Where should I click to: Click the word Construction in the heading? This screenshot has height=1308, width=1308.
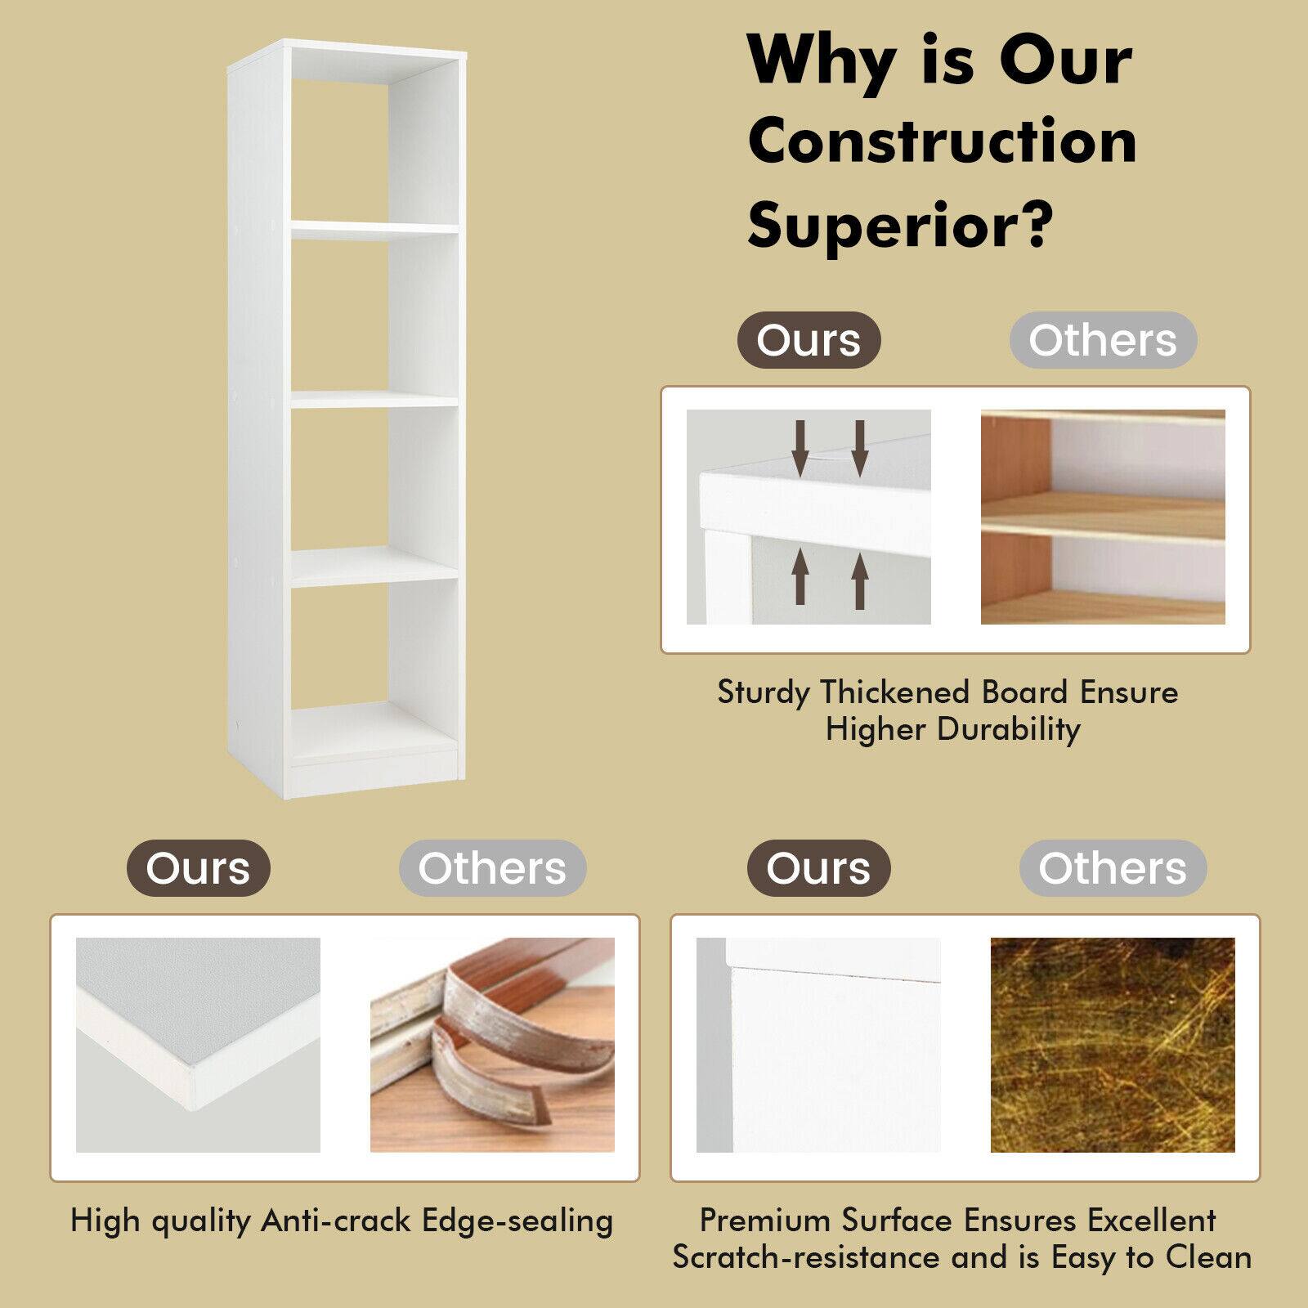[942, 142]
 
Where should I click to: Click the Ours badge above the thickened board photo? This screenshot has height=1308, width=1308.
[809, 340]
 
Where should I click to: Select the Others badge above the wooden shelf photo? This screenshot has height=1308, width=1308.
[1103, 340]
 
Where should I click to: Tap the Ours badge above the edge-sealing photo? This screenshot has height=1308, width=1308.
[198, 868]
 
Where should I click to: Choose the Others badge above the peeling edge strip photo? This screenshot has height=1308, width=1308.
[492, 868]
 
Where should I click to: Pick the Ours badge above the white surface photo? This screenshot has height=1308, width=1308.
[818, 868]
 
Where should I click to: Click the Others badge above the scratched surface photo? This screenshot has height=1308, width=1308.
[1113, 868]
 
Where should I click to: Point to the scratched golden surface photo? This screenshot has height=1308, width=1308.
[1113, 1045]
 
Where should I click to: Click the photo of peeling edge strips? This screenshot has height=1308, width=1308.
[492, 1045]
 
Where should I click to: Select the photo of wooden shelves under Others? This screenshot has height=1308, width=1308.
[1103, 517]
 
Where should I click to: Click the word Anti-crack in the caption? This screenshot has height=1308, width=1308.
[336, 1221]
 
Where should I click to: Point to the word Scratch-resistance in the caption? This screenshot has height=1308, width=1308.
[806, 1256]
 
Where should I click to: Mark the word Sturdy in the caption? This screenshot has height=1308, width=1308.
[764, 692]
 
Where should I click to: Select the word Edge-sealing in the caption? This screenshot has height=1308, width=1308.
[517, 1221]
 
